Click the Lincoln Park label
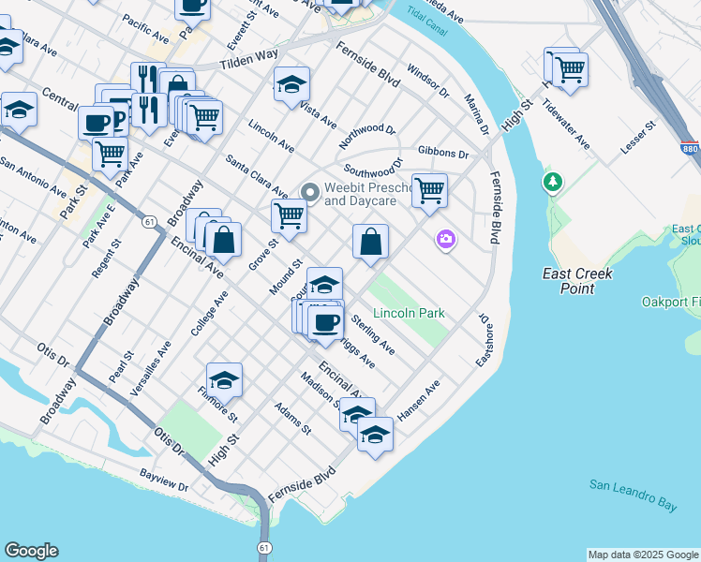click(408, 313)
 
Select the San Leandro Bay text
click(633, 495)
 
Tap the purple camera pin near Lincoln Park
click(445, 240)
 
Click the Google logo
click(30, 551)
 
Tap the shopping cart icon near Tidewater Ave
click(570, 68)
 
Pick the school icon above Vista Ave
click(292, 84)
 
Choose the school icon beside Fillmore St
click(224, 380)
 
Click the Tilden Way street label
click(249, 62)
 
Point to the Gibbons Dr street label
click(442, 152)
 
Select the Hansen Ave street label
click(417, 401)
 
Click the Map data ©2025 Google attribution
click(643, 555)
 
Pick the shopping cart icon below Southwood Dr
click(429, 190)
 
